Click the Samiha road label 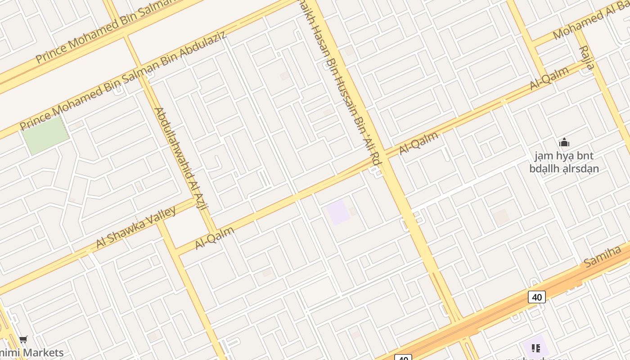[603, 256]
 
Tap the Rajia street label [586, 58]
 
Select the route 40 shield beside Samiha [536, 297]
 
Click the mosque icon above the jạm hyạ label [564, 143]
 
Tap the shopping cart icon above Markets [23, 340]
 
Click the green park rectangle [45, 134]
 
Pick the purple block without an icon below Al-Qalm [338, 212]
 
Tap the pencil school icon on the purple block [535, 348]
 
